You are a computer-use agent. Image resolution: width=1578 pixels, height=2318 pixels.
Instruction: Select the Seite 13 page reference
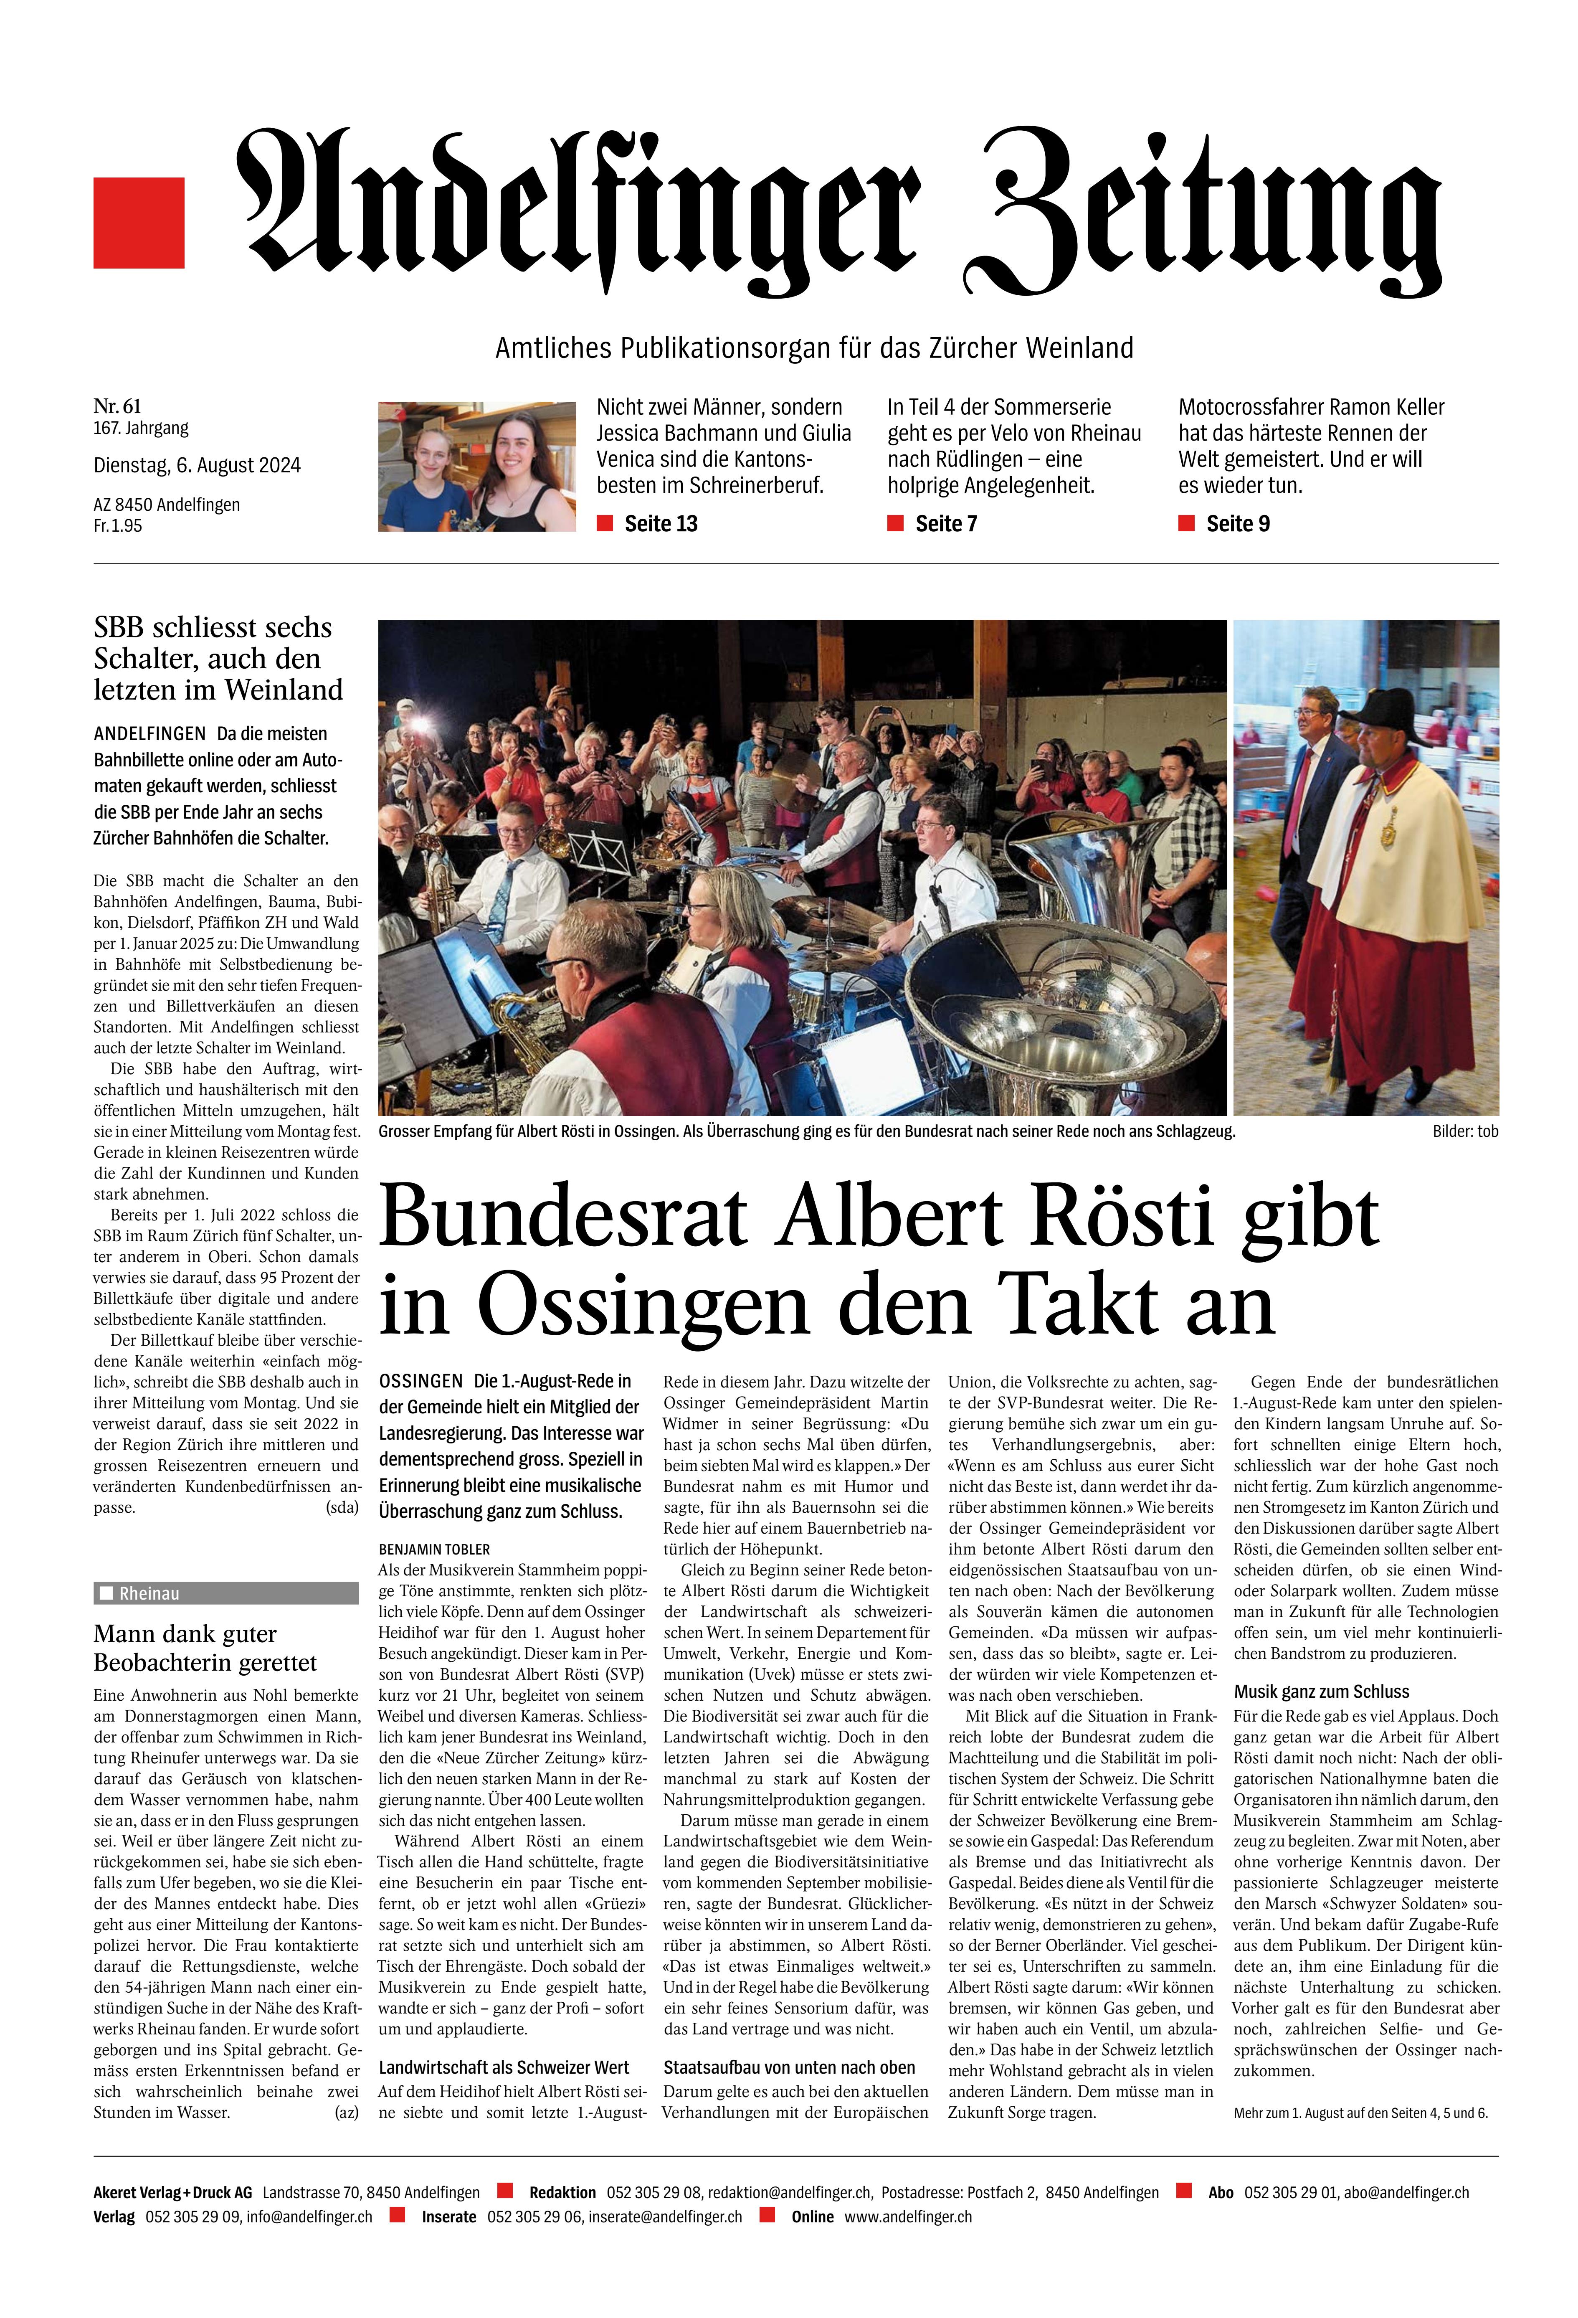coord(660,524)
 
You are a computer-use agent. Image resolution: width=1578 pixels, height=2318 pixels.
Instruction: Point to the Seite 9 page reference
coord(1237,524)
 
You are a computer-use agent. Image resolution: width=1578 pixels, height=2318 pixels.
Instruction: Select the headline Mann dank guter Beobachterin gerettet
coord(205,1649)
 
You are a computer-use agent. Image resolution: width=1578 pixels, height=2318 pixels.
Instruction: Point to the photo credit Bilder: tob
coord(1464,1131)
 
